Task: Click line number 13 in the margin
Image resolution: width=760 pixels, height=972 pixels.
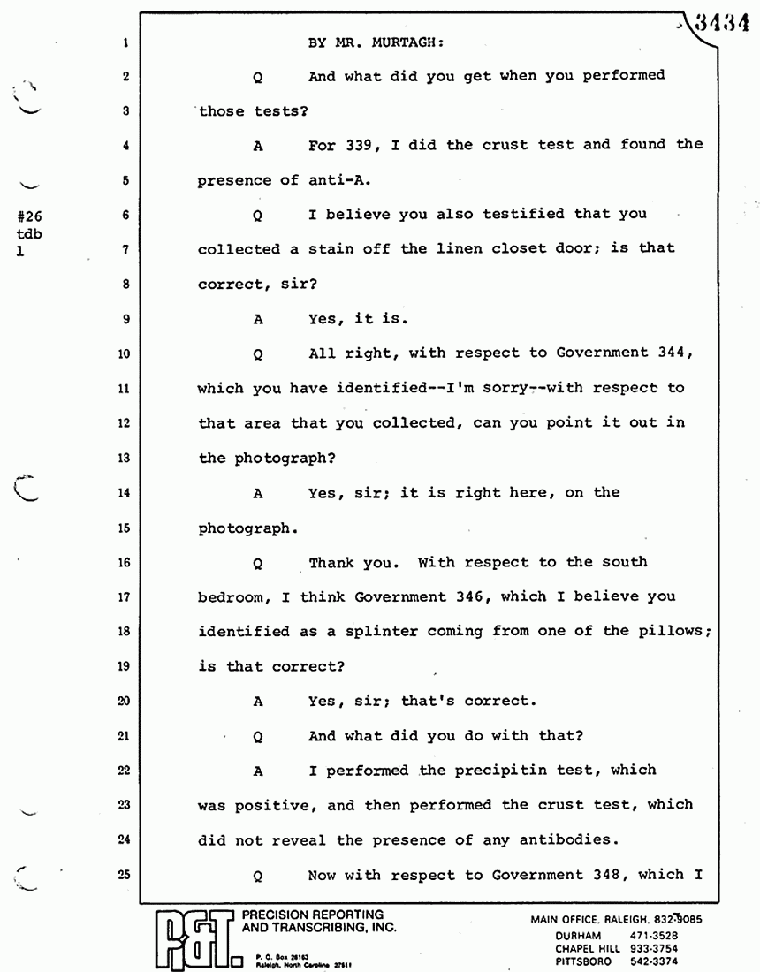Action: [124, 458]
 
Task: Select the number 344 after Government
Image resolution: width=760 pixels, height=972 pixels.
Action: [667, 353]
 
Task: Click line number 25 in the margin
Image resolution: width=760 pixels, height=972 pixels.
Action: [124, 875]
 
